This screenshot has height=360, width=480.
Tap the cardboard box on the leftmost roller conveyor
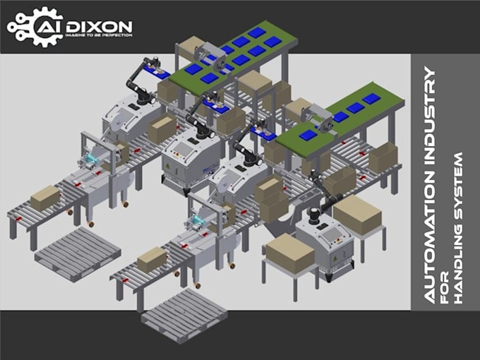click(45, 197)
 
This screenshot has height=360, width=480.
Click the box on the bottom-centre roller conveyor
click(152, 259)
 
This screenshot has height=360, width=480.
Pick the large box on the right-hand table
click(356, 214)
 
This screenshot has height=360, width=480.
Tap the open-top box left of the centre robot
click(162, 129)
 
